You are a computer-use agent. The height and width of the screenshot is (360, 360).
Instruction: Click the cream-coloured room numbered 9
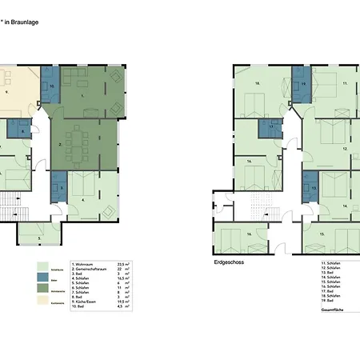click(14, 92)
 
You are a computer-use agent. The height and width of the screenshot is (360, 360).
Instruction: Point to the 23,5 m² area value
click(123, 262)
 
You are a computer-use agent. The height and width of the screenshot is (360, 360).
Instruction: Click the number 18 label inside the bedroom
click(258, 82)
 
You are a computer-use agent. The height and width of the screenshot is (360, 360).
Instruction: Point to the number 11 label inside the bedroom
click(345, 82)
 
